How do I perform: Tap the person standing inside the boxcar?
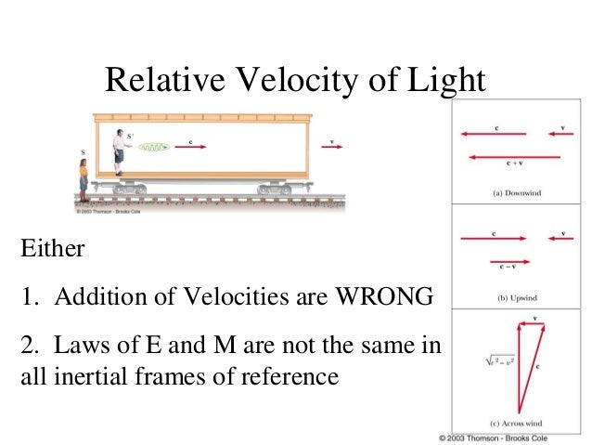pyautogui.click(x=120, y=152)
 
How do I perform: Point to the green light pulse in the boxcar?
pyautogui.click(x=153, y=147)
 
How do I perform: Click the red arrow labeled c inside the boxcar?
pyautogui.click(x=190, y=147)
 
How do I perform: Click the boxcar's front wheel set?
pyautogui.click(x=275, y=189)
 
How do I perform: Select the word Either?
pyautogui.click(x=52, y=250)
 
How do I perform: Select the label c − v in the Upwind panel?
pyautogui.click(x=506, y=268)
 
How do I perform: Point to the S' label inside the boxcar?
pyautogui.click(x=130, y=136)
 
